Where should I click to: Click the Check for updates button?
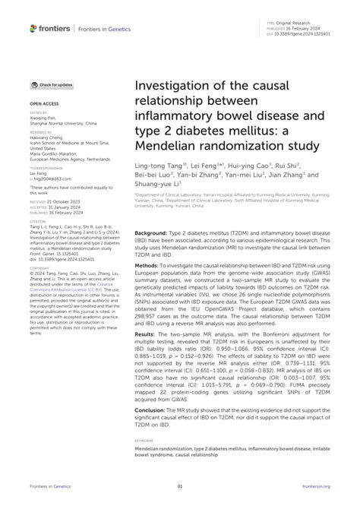click(x=52, y=84)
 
